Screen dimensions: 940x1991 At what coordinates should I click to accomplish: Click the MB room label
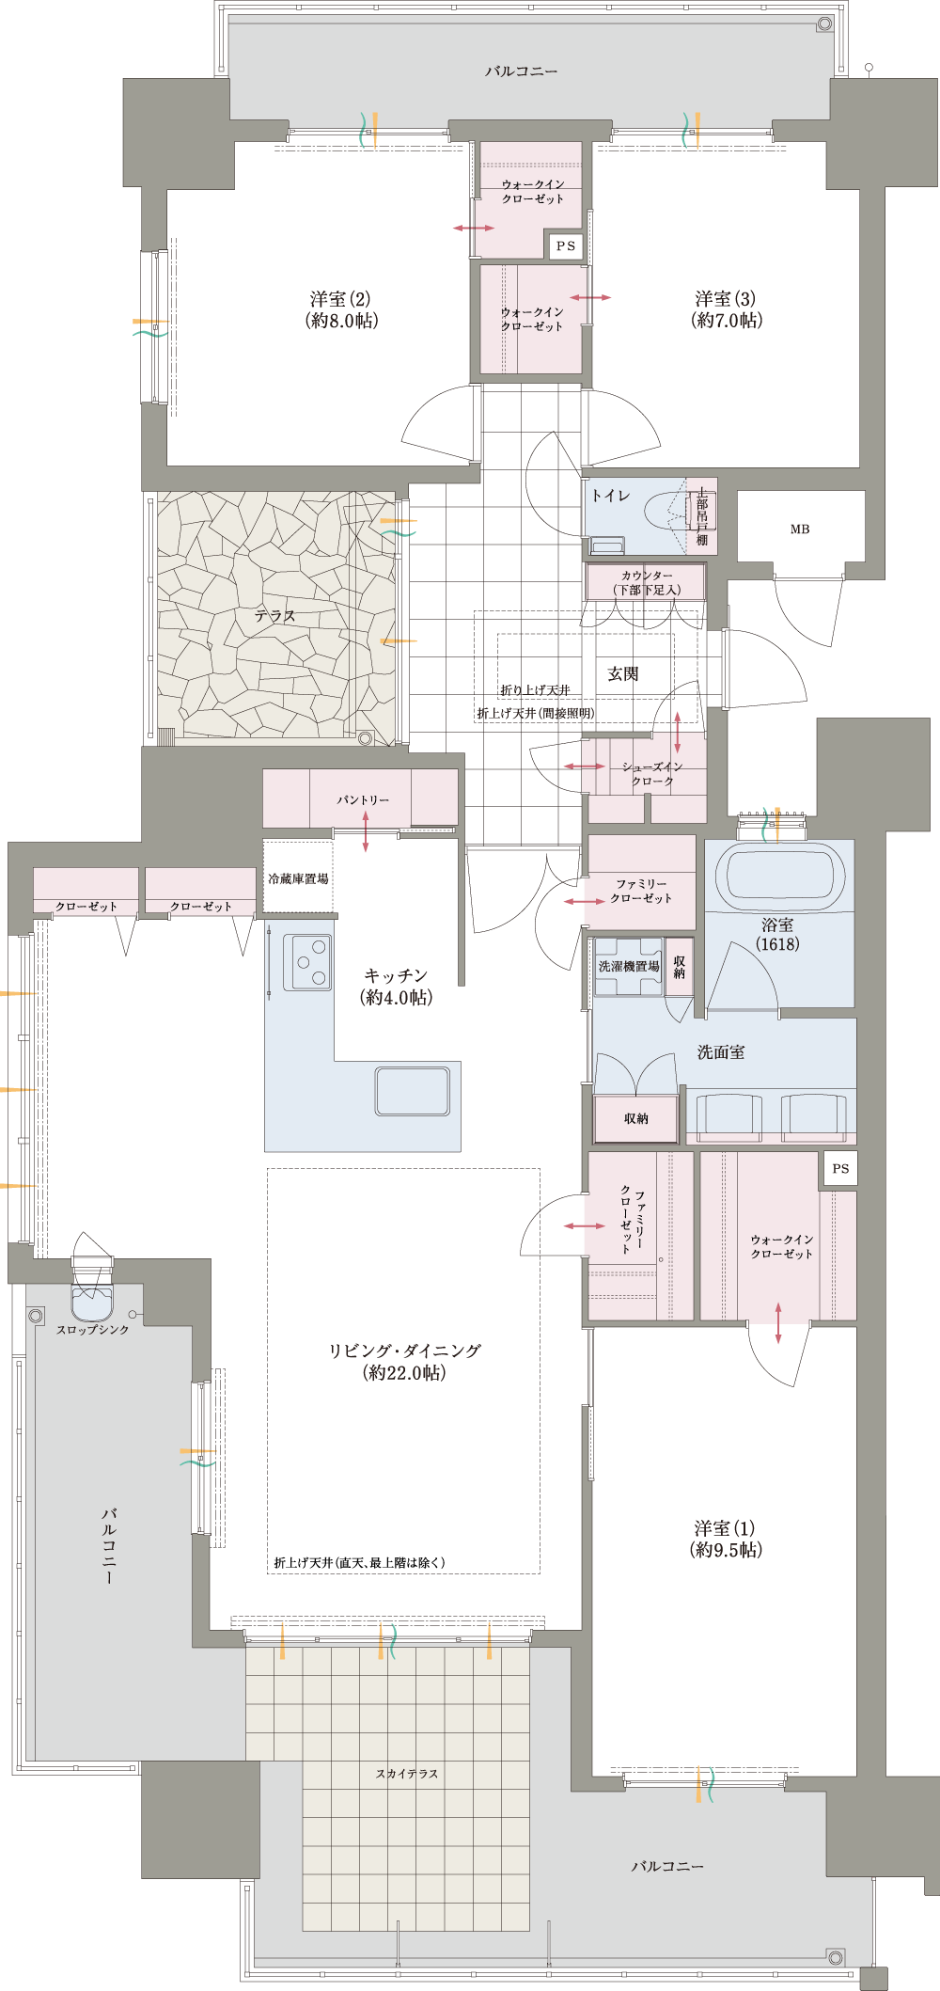(800, 529)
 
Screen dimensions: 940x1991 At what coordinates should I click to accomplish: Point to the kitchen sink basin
(412, 1091)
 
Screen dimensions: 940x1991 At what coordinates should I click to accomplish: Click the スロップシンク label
(93, 1330)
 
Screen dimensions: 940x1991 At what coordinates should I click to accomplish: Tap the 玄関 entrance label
(623, 674)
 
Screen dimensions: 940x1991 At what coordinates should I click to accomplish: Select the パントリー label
(363, 800)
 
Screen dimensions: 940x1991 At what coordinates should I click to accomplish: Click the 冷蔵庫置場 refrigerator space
(298, 878)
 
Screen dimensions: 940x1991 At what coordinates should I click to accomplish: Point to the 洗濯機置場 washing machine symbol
(629, 966)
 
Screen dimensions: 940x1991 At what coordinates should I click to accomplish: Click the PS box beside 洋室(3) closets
(566, 246)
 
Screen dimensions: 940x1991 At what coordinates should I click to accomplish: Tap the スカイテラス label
(407, 1774)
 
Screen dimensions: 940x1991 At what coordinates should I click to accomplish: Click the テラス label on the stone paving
(274, 616)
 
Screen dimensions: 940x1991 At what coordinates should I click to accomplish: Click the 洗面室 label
(721, 1052)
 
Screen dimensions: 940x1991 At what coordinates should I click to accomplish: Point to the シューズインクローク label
(652, 774)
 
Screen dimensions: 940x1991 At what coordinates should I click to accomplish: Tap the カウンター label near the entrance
(647, 576)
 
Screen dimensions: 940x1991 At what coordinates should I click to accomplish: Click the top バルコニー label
(522, 71)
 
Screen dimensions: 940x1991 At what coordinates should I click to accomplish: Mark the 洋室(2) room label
(341, 309)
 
